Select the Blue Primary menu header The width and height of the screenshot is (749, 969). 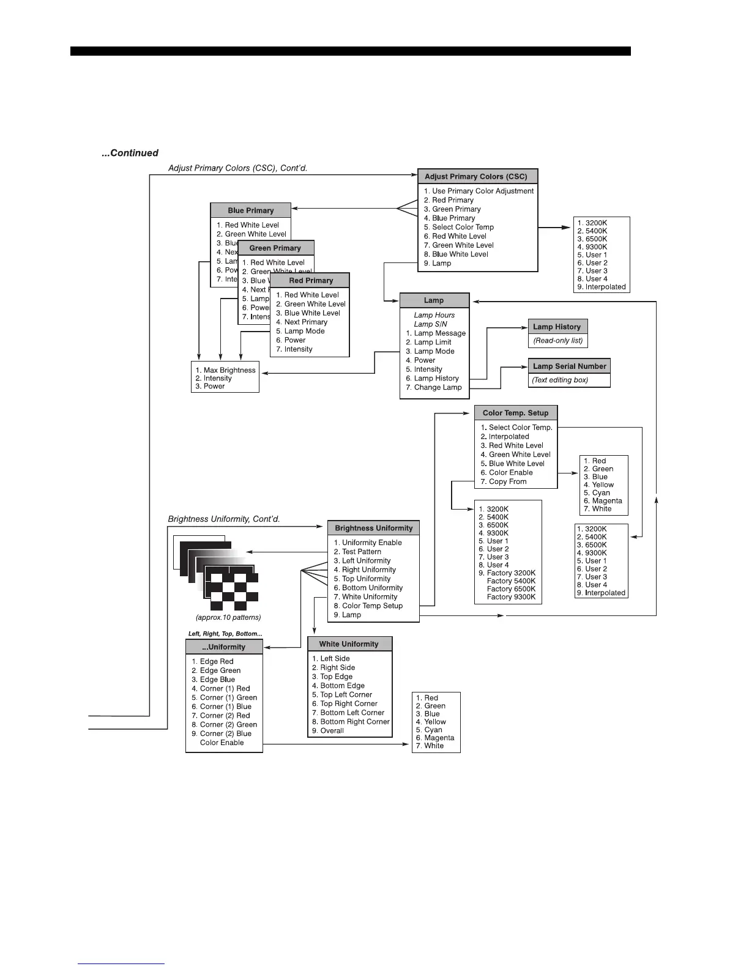click(x=250, y=210)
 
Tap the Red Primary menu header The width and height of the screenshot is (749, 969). click(x=310, y=281)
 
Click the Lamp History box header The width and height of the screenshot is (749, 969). click(x=557, y=327)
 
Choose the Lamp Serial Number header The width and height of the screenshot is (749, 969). click(x=569, y=366)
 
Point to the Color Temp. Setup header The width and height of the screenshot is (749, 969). click(x=515, y=413)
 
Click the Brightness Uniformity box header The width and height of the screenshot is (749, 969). click(x=373, y=528)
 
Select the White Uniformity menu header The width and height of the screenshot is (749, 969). click(x=349, y=644)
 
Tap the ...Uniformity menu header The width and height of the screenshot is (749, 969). click(x=224, y=647)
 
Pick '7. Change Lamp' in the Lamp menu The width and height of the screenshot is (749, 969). click(x=434, y=387)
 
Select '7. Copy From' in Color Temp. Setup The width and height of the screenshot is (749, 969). click(x=504, y=481)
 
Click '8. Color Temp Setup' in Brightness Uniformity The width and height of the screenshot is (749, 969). click(x=368, y=606)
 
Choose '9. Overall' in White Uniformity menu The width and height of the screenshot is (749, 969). click(x=328, y=730)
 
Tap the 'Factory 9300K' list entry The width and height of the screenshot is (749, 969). click(x=511, y=597)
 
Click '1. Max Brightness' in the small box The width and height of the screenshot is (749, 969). click(x=225, y=370)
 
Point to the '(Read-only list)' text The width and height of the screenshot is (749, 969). click(x=558, y=341)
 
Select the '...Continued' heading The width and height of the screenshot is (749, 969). click(x=130, y=153)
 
